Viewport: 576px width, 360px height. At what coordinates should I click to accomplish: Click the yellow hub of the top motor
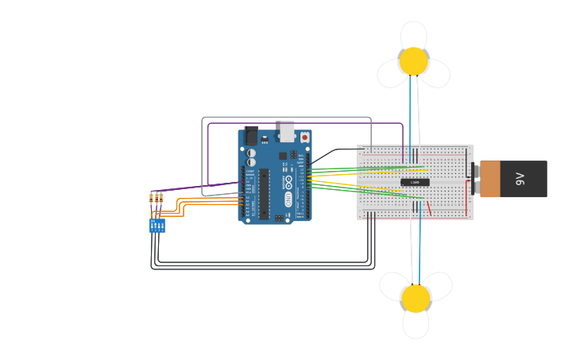click(x=413, y=61)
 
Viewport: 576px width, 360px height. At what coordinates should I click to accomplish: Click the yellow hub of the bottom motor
click(x=416, y=298)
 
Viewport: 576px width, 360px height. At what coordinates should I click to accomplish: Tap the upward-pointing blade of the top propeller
click(x=413, y=34)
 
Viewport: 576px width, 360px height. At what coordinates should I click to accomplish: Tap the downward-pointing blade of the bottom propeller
click(x=416, y=323)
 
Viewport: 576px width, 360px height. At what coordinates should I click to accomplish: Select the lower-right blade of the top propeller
click(x=435, y=74)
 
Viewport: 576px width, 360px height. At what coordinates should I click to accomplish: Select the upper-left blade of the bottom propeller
click(x=394, y=285)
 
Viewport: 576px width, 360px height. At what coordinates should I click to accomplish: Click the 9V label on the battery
click(x=521, y=179)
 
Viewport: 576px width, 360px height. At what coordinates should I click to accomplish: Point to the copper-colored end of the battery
click(x=489, y=179)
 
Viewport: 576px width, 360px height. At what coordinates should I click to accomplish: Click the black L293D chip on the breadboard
click(x=415, y=182)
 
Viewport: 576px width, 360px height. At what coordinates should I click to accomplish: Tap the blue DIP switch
click(x=157, y=226)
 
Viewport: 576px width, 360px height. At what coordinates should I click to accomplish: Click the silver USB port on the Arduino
click(x=287, y=131)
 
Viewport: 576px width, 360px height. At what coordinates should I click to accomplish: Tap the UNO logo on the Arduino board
click(x=288, y=198)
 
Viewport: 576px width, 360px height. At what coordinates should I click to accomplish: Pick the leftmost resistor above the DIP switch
click(x=151, y=198)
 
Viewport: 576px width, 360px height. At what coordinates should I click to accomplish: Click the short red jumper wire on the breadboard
click(x=429, y=208)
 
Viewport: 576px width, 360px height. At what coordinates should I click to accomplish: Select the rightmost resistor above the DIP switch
click(x=161, y=198)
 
